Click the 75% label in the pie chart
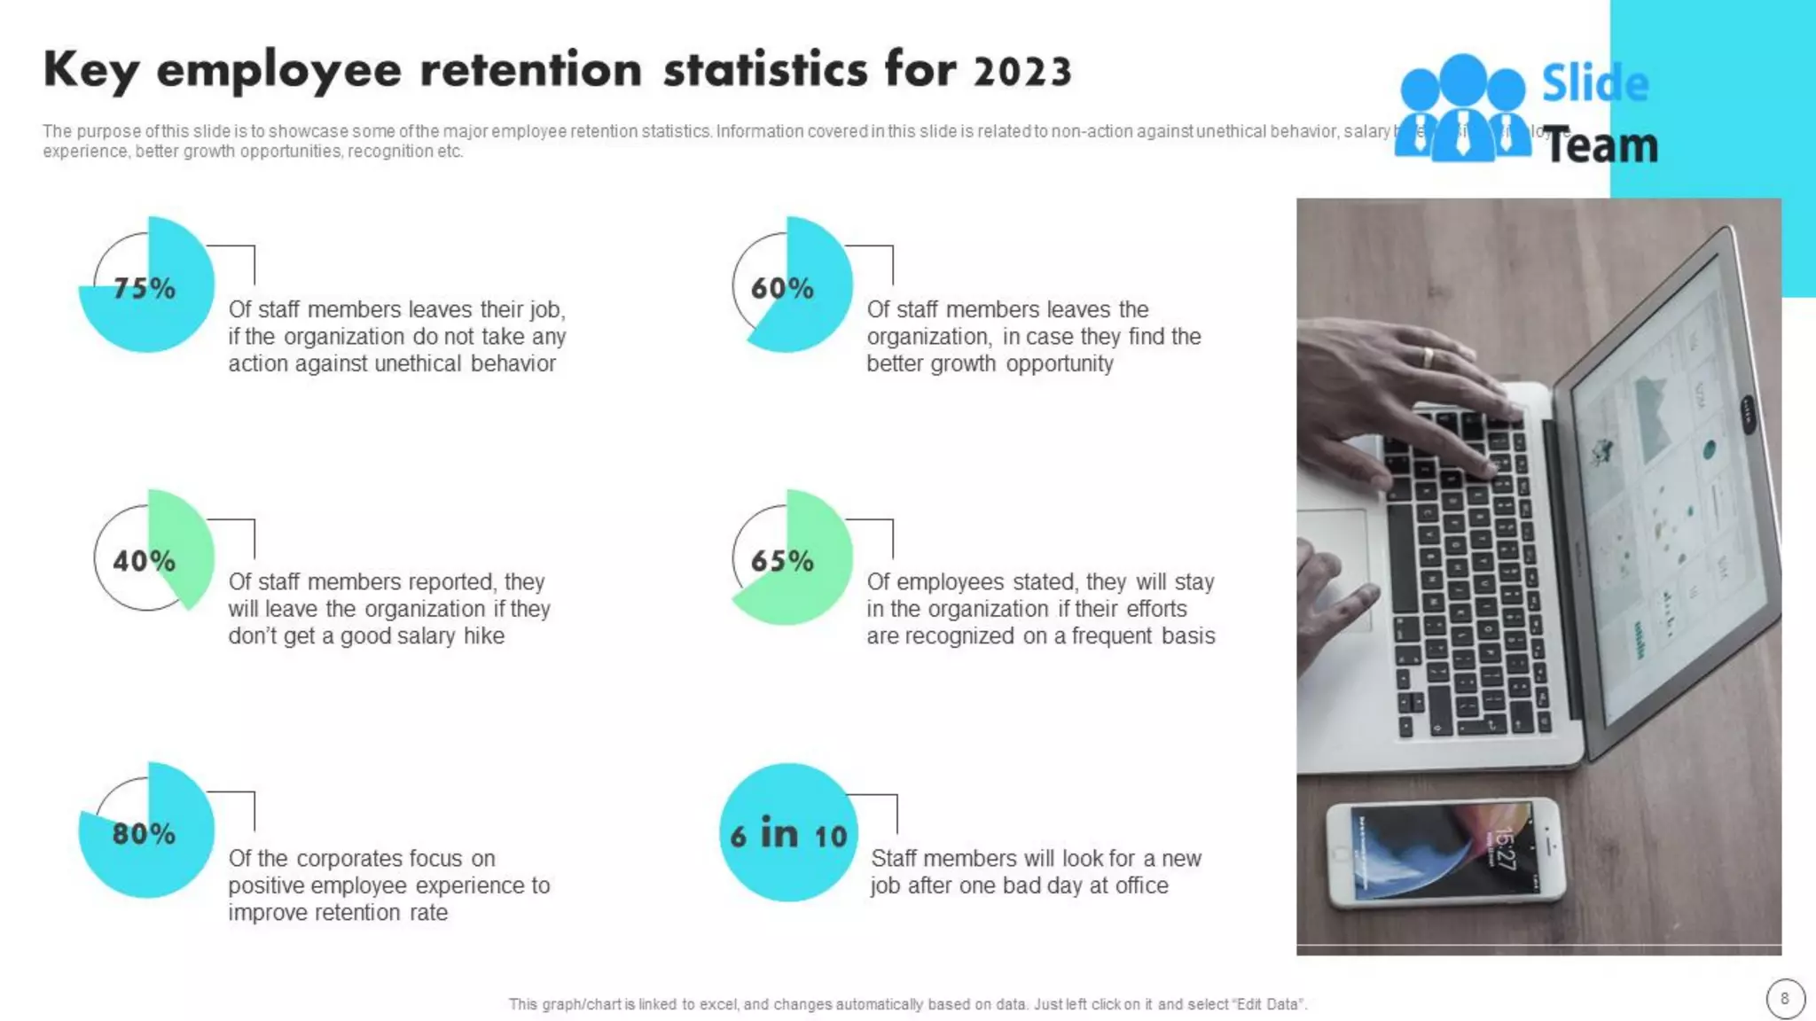click(x=145, y=288)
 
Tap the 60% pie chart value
click(x=782, y=288)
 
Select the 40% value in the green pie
click(x=144, y=561)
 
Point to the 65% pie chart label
click(x=782, y=561)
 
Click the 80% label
click(x=144, y=833)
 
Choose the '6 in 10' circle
click(x=788, y=834)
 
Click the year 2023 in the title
click(x=1022, y=72)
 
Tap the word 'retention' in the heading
click(x=530, y=70)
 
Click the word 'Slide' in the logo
click(x=1595, y=84)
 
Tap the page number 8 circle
click(x=1785, y=999)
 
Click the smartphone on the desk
click(x=1444, y=853)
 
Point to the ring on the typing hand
click(x=1428, y=358)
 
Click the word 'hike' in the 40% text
click(x=484, y=636)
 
